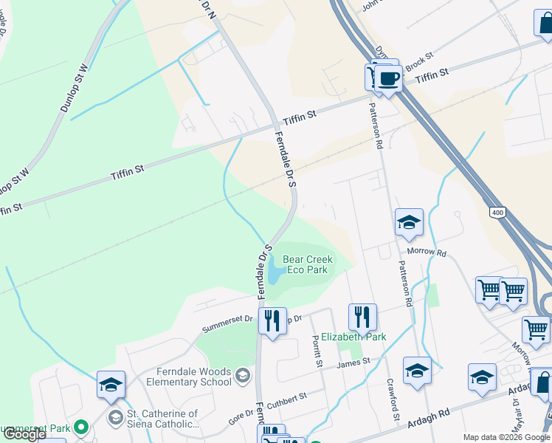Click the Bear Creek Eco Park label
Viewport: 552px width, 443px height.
(307, 264)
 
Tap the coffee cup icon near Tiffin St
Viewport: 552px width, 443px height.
(389, 78)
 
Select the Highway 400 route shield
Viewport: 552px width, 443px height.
(497, 213)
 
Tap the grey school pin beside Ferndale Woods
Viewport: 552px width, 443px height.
(242, 377)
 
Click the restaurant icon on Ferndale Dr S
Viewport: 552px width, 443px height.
(272, 321)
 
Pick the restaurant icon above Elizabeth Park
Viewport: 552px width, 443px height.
(362, 317)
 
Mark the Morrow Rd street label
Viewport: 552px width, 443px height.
(431, 253)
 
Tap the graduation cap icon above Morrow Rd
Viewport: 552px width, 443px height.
(409, 222)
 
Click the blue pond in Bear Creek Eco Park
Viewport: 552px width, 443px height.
(274, 271)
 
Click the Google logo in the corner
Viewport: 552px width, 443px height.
(24, 434)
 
